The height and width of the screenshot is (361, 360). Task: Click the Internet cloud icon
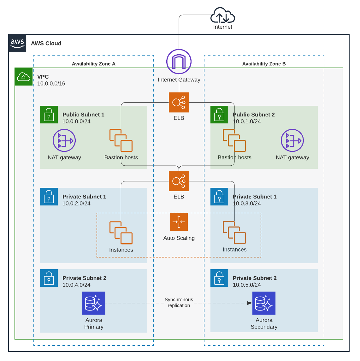(223, 15)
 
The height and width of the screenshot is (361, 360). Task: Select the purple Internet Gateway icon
(179, 62)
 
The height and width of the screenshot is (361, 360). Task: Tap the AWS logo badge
(17, 43)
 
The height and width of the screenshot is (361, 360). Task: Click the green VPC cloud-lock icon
(24, 77)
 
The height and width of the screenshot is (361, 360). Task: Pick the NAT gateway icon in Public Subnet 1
(64, 140)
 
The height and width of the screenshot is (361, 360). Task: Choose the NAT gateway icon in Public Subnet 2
(292, 140)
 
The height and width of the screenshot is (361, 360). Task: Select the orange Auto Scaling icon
(179, 222)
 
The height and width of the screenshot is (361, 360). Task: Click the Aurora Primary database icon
(94, 303)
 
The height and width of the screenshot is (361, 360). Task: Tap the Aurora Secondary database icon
(264, 303)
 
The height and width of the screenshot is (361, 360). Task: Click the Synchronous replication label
(179, 302)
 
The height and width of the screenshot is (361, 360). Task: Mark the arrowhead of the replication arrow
(250, 303)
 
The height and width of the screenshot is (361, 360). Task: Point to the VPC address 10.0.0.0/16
(51, 84)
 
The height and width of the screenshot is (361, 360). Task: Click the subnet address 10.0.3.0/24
(247, 204)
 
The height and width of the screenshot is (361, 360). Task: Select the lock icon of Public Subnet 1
(49, 115)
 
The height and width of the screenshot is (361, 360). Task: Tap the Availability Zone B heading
(264, 64)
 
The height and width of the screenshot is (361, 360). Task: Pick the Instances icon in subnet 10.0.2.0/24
(121, 233)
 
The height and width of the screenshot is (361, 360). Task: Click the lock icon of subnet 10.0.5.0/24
(219, 278)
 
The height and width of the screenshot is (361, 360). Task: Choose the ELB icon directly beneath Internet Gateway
(179, 102)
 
